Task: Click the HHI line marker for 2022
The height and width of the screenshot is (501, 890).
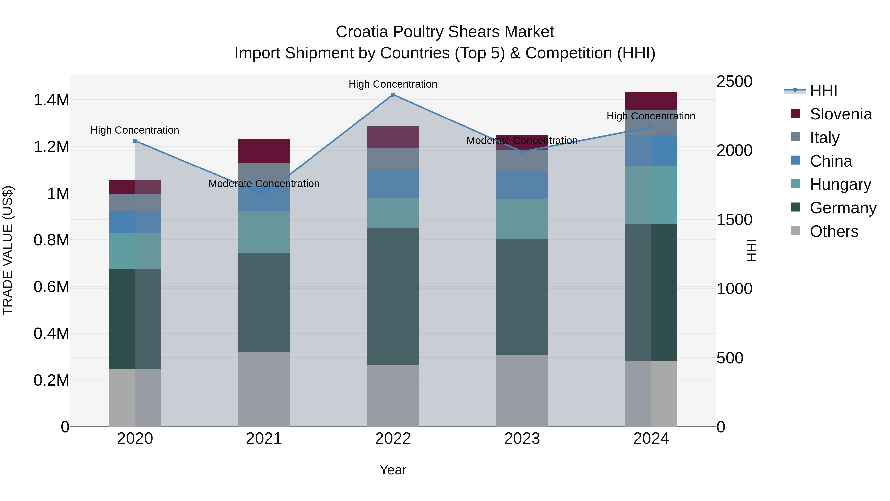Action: coord(393,95)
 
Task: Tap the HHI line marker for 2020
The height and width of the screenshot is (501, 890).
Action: coord(135,141)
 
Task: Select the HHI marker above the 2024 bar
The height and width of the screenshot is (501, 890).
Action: coord(651,127)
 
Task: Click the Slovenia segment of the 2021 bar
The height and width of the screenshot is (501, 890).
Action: coord(264,151)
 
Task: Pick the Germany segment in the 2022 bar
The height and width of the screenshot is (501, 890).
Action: coord(393,296)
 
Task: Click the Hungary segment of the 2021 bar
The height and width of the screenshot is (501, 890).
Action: coord(264,232)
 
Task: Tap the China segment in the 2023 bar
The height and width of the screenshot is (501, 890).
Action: coord(522,185)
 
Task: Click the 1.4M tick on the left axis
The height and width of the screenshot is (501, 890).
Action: coord(51,100)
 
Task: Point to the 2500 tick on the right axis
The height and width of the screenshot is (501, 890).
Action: coord(734,82)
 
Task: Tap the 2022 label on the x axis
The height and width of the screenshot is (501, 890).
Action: coord(393,439)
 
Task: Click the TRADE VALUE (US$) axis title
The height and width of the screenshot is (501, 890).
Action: coord(8,250)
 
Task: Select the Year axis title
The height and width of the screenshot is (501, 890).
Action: coord(393,470)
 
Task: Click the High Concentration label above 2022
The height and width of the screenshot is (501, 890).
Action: coord(393,84)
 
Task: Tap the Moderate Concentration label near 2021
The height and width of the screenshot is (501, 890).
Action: coord(264,184)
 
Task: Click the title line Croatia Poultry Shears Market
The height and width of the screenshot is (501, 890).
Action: coord(445,32)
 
